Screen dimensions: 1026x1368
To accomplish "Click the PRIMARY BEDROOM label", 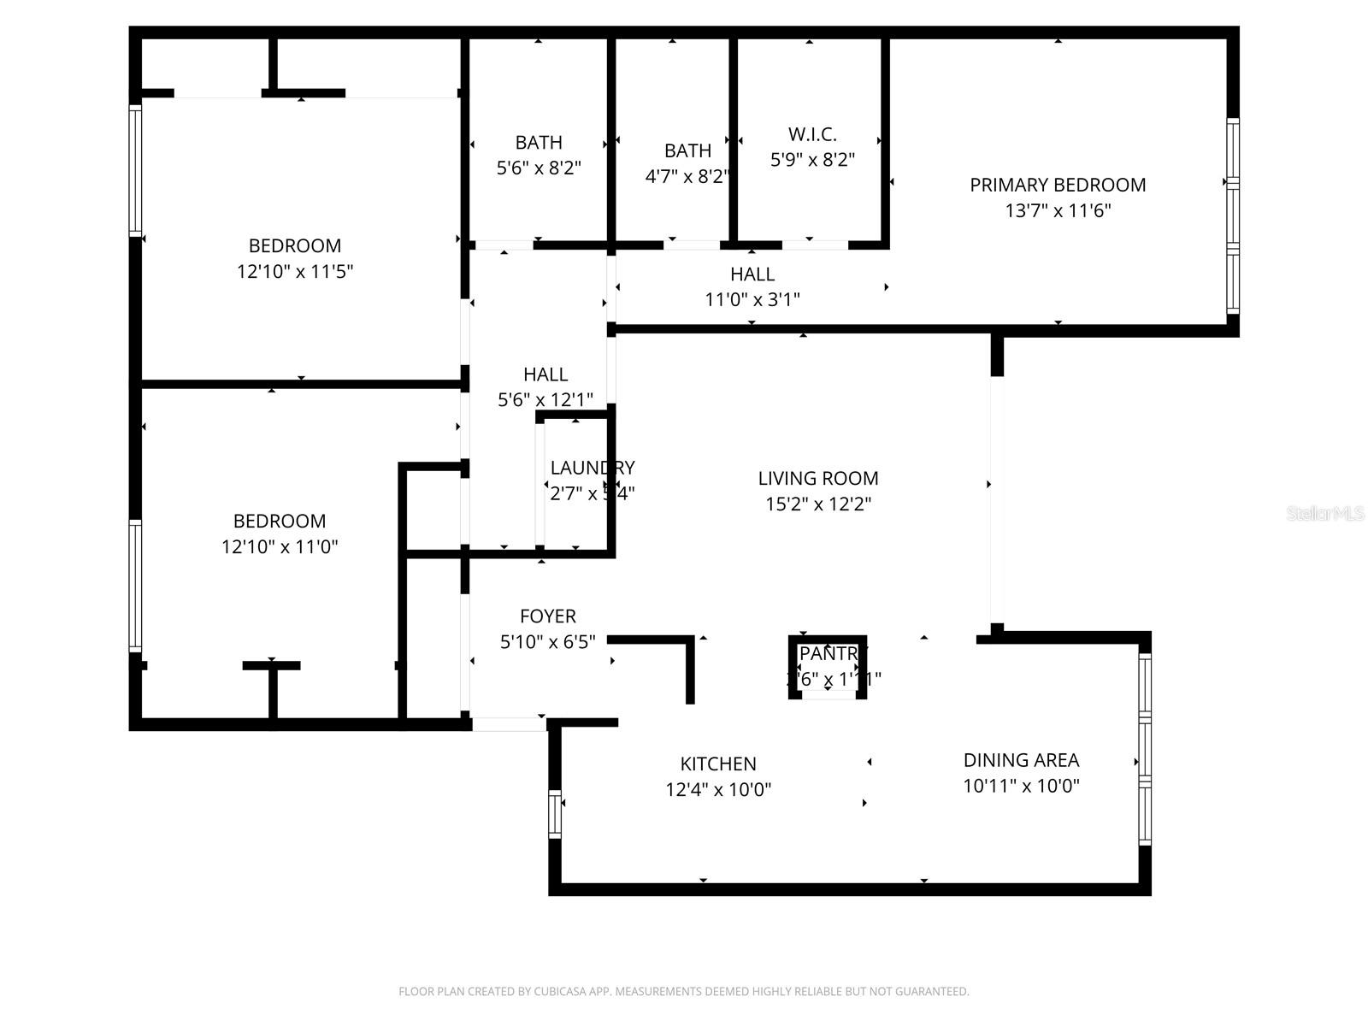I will [1058, 185].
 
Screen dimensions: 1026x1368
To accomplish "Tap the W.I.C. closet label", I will [812, 134].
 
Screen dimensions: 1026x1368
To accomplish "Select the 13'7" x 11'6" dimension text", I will [1058, 210].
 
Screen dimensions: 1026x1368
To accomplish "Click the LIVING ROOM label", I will [818, 478].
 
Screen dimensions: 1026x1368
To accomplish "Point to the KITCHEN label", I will [718, 764].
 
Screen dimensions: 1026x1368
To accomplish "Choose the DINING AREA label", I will [1021, 760].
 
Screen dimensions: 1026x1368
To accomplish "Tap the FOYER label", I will [548, 616].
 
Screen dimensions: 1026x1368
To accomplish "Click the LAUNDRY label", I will [592, 468].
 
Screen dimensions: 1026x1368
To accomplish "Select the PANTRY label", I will [828, 654].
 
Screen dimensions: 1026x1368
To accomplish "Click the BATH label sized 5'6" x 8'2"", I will [539, 142].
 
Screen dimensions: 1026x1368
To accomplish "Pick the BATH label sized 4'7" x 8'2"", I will [687, 150].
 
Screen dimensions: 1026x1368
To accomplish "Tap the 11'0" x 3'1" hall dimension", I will [752, 299].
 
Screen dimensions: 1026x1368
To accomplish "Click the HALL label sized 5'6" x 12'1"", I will [545, 374].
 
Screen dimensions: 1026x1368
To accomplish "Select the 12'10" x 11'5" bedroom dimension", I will [295, 272].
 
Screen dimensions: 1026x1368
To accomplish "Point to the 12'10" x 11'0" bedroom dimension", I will [280, 547].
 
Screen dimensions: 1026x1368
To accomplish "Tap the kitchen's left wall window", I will [555, 813].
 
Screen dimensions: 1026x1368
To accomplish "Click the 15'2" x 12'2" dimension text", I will [818, 504].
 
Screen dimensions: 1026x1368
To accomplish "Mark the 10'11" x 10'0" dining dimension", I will [1021, 787].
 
